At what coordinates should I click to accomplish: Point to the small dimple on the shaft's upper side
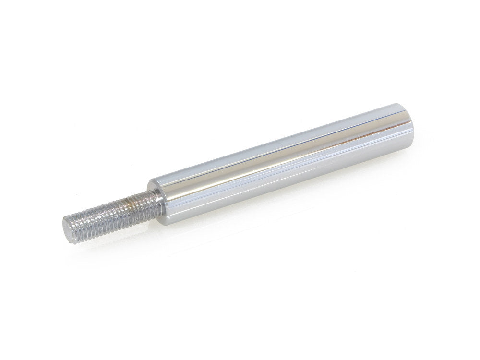tap(280, 142)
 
